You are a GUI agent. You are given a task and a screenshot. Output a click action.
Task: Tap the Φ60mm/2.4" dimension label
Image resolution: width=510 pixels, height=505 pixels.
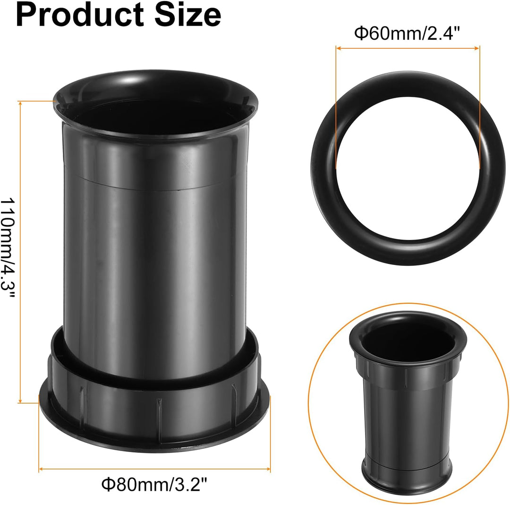(407, 34)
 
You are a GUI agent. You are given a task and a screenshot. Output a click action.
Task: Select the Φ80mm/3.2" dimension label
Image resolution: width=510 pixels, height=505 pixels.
(154, 485)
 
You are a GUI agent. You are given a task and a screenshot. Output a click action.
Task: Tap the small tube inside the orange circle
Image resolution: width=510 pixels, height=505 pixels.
(408, 402)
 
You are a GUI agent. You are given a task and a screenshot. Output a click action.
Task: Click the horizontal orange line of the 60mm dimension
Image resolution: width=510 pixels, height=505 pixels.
(408, 47)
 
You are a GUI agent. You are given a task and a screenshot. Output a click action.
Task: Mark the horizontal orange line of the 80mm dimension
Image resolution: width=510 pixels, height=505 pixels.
(154, 469)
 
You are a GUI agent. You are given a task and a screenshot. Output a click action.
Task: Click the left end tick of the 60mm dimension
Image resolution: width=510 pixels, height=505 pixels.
(336, 47)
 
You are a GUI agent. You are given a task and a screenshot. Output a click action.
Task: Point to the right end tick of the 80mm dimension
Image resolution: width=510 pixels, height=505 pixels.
(270, 469)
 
